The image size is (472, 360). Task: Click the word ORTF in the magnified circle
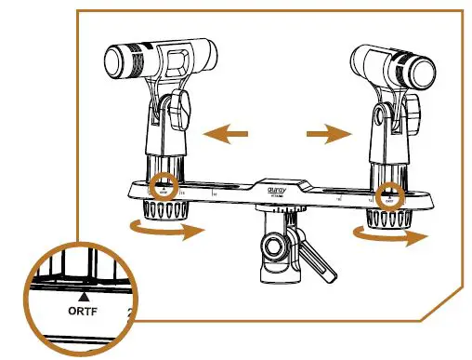85,313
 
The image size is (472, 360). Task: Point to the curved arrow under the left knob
168,230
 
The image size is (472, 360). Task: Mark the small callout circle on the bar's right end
390,194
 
